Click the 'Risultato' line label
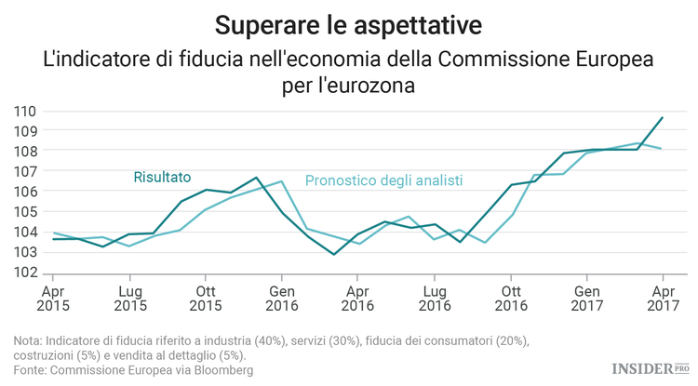tap(162, 176)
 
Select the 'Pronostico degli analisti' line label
tap(384, 180)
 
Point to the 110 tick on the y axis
tap(25, 111)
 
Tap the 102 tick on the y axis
tap(25, 273)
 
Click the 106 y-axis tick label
tap(25, 192)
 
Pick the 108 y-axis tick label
tap(25, 151)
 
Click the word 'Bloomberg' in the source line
tap(221, 370)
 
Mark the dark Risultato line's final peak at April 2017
tap(661, 118)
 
